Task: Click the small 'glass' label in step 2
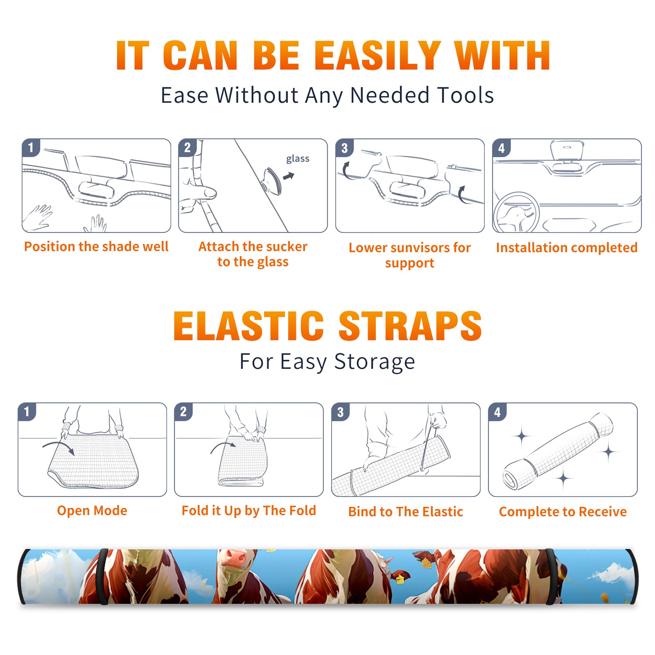coord(298,159)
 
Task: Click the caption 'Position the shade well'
coord(96,246)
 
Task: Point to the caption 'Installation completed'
coord(567,247)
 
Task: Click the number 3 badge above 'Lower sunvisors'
coord(344,148)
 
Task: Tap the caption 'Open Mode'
coord(92,510)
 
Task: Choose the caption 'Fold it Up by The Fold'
coord(249,510)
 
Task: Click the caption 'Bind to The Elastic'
coord(406,511)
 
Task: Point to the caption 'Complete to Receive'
coord(563,511)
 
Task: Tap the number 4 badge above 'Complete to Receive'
coord(497,412)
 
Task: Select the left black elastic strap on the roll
coord(103,576)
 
